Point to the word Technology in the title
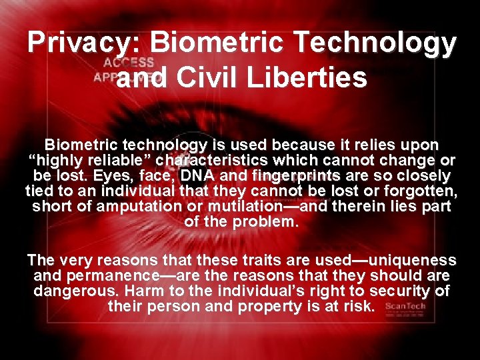(x=378, y=43)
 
